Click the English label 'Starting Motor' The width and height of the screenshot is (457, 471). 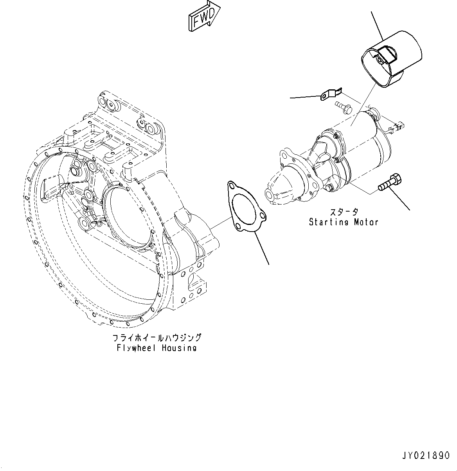pos(344,222)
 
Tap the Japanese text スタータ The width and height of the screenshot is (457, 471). pos(343,212)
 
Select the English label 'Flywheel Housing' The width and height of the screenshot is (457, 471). pos(157,348)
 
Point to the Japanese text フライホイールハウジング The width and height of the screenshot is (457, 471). pos(157,338)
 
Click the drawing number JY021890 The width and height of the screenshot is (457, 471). pos(425,456)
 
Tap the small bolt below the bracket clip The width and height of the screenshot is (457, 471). pos(344,107)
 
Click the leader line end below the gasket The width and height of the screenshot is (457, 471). pos(269,264)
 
